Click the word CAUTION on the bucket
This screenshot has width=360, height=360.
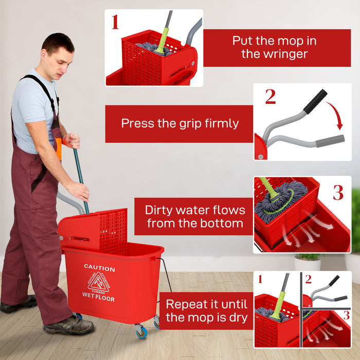pos(99,268)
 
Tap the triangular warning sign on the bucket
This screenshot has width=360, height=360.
pos(98,282)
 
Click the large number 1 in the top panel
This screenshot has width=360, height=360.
pos(115,22)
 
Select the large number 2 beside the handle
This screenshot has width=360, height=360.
pos(271,97)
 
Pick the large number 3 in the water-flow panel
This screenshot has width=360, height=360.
pos(337,192)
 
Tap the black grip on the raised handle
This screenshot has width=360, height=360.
pos(315,101)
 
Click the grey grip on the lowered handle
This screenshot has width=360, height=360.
pos(330,141)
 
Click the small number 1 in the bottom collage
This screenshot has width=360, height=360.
pos(260,279)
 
